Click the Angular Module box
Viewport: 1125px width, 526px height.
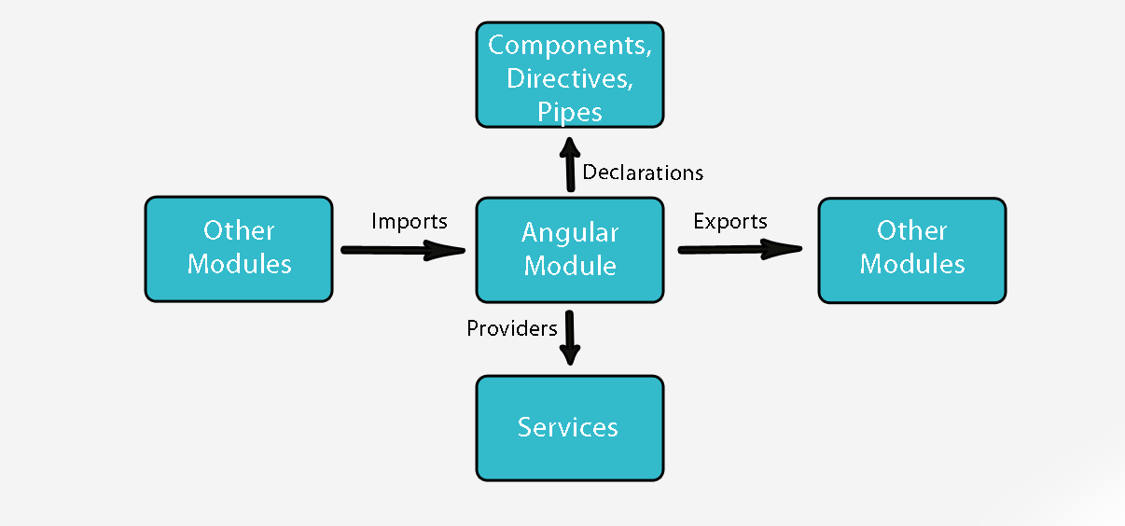(x=570, y=250)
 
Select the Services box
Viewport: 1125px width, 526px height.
(x=570, y=428)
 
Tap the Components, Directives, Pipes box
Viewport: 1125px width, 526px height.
(x=570, y=75)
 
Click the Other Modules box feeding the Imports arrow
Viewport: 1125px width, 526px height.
(x=239, y=248)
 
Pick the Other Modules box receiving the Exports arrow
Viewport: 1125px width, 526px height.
(x=911, y=249)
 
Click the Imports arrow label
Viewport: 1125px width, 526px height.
(x=409, y=221)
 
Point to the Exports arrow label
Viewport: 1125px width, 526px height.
(x=730, y=221)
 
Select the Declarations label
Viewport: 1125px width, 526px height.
(x=643, y=173)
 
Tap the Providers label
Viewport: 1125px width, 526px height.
(x=512, y=328)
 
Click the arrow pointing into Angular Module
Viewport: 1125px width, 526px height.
(x=402, y=250)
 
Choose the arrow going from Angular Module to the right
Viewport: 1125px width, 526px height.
(x=739, y=249)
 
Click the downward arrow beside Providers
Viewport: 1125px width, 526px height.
(x=570, y=338)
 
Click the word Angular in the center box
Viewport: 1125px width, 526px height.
(x=570, y=232)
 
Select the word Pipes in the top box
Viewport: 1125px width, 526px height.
(x=570, y=112)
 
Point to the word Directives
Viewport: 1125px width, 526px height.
(x=570, y=78)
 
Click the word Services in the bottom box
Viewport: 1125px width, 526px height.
(x=568, y=428)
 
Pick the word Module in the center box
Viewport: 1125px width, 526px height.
(x=570, y=266)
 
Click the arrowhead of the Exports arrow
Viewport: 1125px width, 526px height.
(x=787, y=249)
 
